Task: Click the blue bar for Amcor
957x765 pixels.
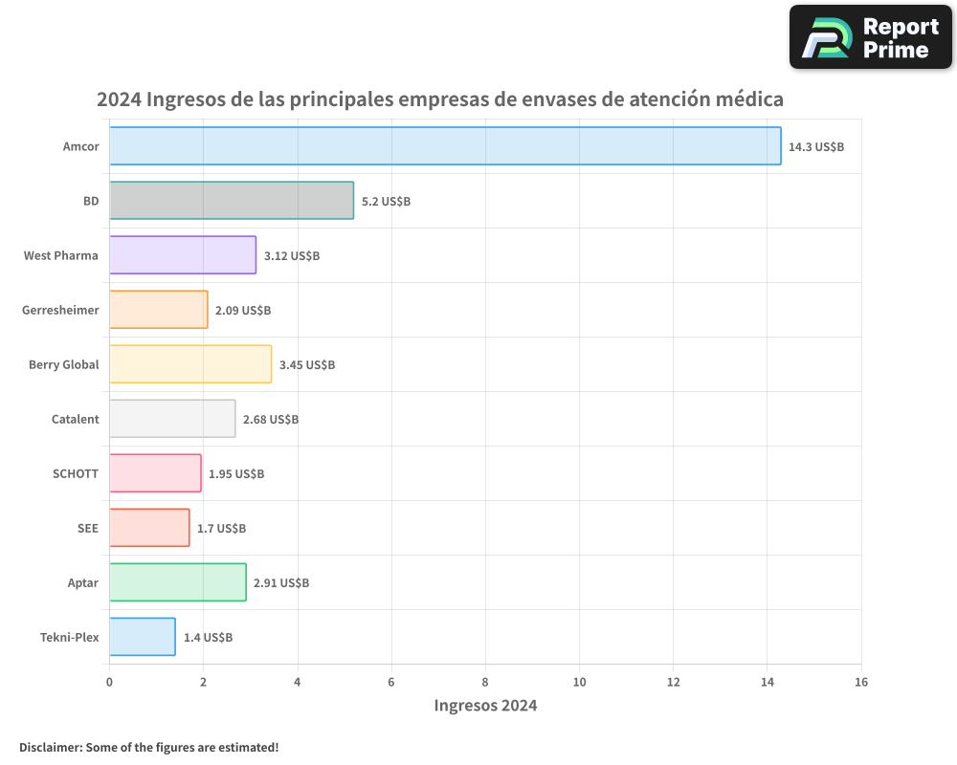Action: pyautogui.click(x=445, y=146)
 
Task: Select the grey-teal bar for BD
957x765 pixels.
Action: pyautogui.click(x=232, y=201)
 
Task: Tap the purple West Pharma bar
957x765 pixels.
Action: pyautogui.click(x=183, y=255)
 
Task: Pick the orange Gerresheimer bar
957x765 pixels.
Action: pyautogui.click(x=158, y=310)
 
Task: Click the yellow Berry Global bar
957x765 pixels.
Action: pyautogui.click(x=190, y=364)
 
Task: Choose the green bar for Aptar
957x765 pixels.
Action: pyautogui.click(x=177, y=582)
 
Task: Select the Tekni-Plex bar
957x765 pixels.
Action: pyautogui.click(x=142, y=637)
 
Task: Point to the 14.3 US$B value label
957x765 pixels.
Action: pyautogui.click(x=816, y=147)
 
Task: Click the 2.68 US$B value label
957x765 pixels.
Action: pyautogui.click(x=271, y=420)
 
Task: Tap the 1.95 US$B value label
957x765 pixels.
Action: pyautogui.click(x=236, y=474)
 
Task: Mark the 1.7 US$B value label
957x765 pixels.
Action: pyautogui.click(x=221, y=529)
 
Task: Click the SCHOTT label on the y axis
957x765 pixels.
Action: pyautogui.click(x=76, y=473)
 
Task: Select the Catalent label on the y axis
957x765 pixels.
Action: pyautogui.click(x=75, y=419)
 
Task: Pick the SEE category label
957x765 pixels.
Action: pyautogui.click(x=88, y=528)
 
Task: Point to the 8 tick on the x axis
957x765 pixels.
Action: pyautogui.click(x=485, y=682)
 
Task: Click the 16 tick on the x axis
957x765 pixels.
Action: pyautogui.click(x=861, y=682)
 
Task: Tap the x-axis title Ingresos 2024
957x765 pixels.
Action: pyautogui.click(x=485, y=706)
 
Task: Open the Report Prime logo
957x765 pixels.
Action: pyautogui.click(x=871, y=37)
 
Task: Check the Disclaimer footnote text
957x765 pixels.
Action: pyautogui.click(x=148, y=747)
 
